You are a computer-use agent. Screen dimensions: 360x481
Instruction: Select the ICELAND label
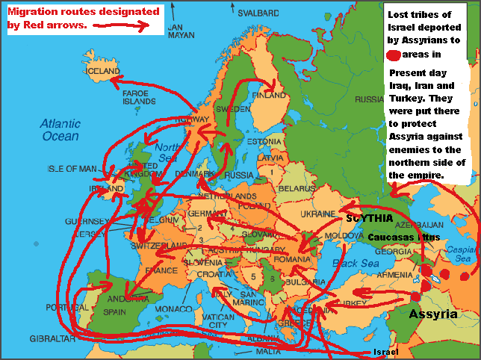point(103,71)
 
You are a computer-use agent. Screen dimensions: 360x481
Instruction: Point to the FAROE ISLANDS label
point(139,96)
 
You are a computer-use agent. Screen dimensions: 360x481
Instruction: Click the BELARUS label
point(297,188)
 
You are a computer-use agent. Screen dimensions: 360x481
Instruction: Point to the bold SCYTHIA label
point(369,218)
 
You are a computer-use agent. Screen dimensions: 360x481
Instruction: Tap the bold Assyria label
point(432,314)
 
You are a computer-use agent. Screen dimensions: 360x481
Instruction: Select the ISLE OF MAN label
point(72,168)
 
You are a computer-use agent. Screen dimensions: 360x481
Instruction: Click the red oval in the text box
point(394,55)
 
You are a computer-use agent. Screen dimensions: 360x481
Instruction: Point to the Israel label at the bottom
point(385,352)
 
